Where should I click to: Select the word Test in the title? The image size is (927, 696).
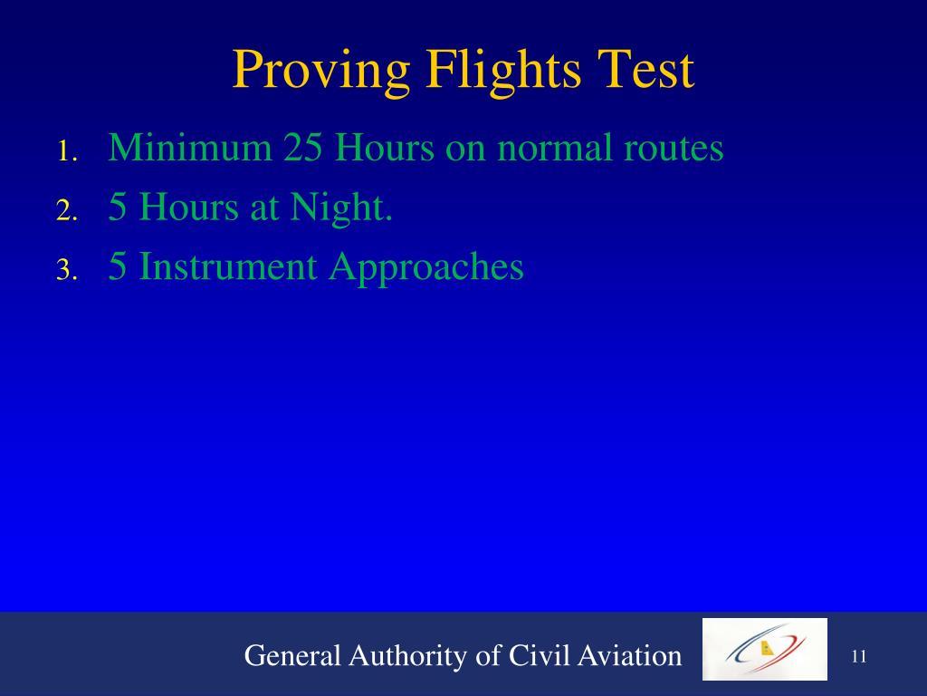point(647,72)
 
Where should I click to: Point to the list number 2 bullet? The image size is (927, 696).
point(68,212)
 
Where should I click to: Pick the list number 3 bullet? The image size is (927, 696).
point(68,270)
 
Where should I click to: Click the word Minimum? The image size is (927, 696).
point(190,147)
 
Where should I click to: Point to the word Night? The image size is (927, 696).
point(341,208)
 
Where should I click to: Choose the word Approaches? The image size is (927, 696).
point(425,266)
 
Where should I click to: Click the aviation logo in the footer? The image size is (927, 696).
point(764,649)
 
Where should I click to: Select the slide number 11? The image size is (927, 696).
point(859,656)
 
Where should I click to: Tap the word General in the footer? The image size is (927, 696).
point(290,655)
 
